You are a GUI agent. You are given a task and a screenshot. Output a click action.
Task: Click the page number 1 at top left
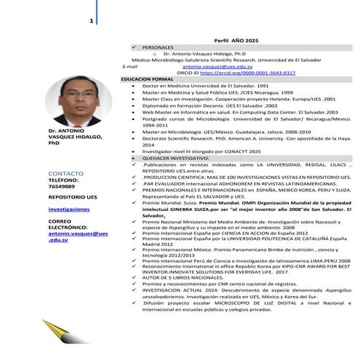(x=91, y=20)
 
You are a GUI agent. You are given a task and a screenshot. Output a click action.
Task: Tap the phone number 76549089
(x=62, y=188)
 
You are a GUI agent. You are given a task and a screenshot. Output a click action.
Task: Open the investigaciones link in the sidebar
(x=68, y=209)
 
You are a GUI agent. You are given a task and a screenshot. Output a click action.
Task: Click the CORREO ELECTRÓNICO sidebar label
(x=68, y=224)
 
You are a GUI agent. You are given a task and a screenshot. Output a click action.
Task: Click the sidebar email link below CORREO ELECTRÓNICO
(x=77, y=236)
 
